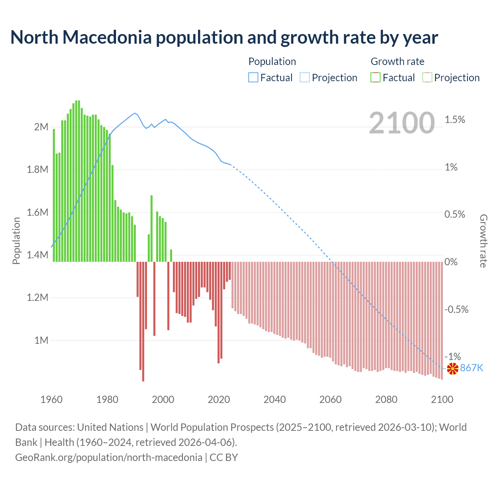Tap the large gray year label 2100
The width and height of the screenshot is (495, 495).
[x=402, y=123]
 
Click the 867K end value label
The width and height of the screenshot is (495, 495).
[x=472, y=368]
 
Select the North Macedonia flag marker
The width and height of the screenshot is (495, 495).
[x=452, y=369]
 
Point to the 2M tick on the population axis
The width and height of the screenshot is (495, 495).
[x=41, y=127]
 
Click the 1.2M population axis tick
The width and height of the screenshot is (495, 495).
[x=38, y=298]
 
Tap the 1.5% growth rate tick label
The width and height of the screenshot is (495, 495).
[x=455, y=120]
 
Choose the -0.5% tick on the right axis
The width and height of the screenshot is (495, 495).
[x=456, y=309]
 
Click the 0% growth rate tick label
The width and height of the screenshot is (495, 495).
[x=451, y=262]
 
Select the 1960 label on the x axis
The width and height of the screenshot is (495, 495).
[x=51, y=399]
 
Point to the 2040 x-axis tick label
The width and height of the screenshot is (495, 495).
[x=275, y=399]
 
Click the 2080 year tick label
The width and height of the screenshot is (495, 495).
[x=386, y=399]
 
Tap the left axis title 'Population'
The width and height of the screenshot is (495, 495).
[x=16, y=241]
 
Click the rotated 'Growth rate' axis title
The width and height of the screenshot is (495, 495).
[x=483, y=241]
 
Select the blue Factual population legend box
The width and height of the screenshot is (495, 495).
[x=253, y=78]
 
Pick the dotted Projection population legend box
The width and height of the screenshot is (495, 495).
[x=305, y=78]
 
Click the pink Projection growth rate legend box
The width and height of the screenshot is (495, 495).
[x=427, y=78]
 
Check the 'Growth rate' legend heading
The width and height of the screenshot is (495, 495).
[x=397, y=61]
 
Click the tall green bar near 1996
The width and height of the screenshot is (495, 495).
[x=152, y=228]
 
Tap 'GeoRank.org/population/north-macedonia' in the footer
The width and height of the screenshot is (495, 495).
[x=109, y=457]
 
